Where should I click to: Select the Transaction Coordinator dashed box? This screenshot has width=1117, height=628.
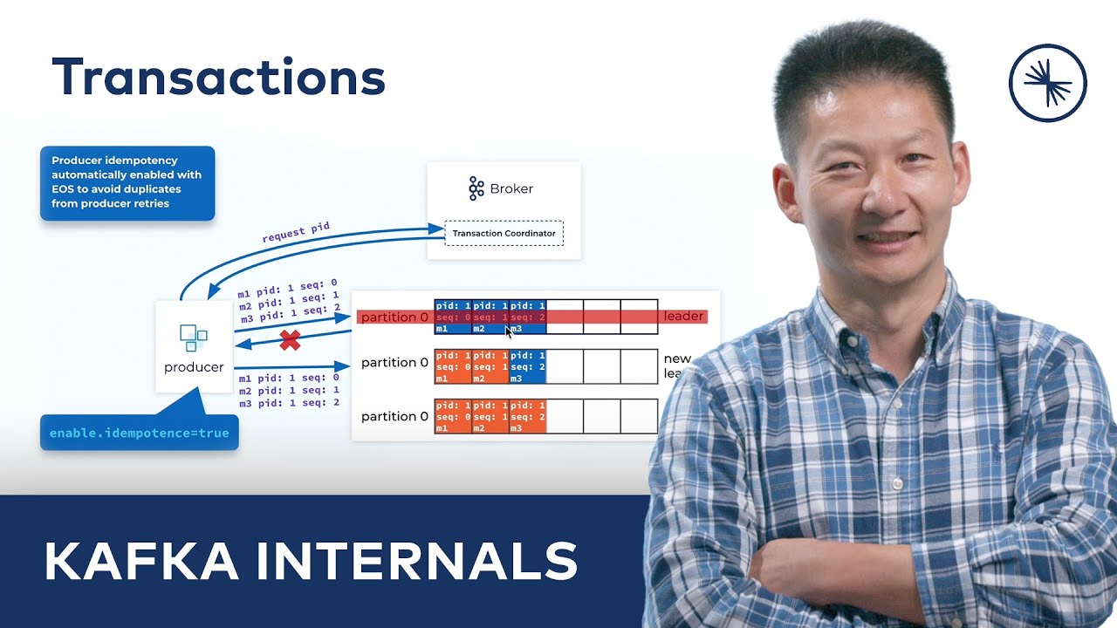click(x=504, y=233)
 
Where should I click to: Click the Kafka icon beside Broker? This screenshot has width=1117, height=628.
click(x=476, y=188)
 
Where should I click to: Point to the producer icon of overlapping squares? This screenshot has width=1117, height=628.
click(x=194, y=337)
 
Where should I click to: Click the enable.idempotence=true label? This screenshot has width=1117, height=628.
click(x=140, y=433)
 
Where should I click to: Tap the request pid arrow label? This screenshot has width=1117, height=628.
click(x=296, y=233)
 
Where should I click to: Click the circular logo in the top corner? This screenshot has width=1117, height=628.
click(x=1047, y=83)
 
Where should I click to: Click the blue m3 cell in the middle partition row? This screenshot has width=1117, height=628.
click(x=528, y=366)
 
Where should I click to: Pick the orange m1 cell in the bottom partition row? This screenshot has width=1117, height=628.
click(x=453, y=417)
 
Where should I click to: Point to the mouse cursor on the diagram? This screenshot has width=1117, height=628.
click(x=509, y=331)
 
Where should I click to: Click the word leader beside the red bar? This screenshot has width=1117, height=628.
click(x=683, y=317)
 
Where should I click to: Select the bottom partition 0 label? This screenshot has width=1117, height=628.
click(x=394, y=417)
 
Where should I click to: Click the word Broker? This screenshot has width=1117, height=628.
click(x=511, y=188)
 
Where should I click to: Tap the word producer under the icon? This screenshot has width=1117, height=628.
click(x=194, y=367)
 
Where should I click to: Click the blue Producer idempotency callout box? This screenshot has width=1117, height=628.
click(x=127, y=183)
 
